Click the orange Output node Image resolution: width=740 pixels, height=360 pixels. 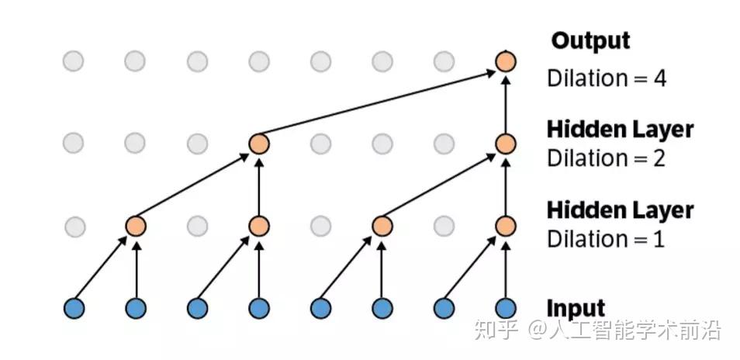pos(506,61)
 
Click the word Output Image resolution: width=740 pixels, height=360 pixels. pos(591,40)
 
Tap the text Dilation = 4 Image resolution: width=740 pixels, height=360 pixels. pos(606,78)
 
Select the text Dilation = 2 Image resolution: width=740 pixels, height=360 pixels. pos(606,158)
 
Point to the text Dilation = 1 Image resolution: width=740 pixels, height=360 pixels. pos(606,238)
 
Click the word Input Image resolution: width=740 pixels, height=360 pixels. pos(576,308)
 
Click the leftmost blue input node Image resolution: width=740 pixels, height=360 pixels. pos(74,308)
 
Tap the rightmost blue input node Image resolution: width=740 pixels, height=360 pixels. pos(506,308)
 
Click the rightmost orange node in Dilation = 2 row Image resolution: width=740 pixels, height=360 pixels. pos(506,144)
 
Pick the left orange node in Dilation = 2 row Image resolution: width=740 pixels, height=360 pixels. pos(258,144)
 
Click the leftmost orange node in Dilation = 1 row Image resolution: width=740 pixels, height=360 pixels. pos(136,226)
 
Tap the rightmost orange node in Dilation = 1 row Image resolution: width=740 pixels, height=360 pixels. pos(506,226)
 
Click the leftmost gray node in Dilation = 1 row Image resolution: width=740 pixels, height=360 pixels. pos(74,227)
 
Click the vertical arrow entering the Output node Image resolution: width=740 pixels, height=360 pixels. pos(506,102)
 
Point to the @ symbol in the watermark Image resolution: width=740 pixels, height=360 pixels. pos(538,332)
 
